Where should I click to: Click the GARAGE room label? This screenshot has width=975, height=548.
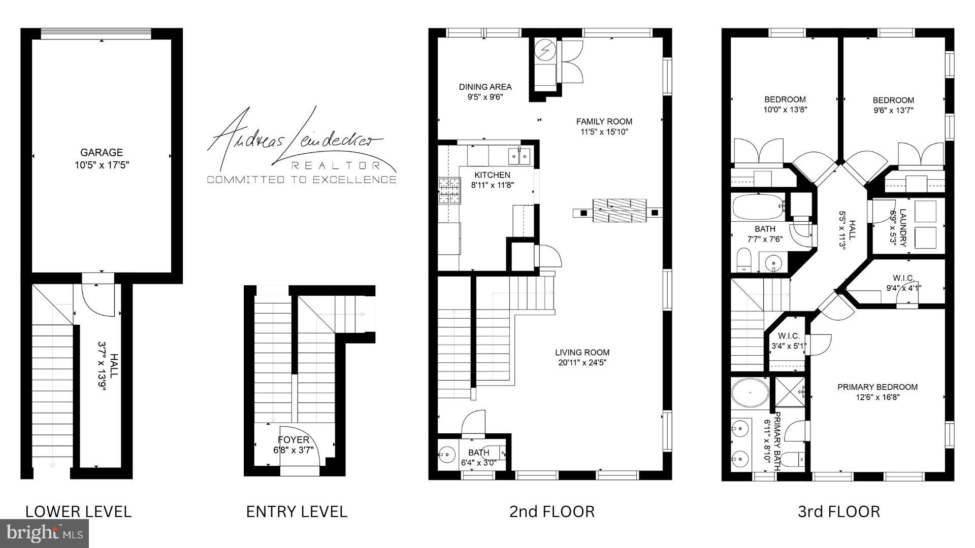[102, 152]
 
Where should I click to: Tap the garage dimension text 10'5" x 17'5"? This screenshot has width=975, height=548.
[102, 165]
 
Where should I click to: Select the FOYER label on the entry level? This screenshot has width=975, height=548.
[293, 440]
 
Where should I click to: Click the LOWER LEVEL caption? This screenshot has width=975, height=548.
[78, 511]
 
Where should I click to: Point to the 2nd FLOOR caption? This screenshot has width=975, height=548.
[552, 511]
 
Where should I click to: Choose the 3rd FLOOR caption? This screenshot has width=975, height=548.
[838, 511]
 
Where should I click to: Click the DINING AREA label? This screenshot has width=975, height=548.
[485, 87]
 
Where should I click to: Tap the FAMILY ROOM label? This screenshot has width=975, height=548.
[604, 121]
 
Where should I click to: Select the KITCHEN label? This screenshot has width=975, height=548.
[492, 175]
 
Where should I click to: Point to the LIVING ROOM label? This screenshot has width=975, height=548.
[582, 352]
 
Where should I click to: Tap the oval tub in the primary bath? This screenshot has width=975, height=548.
[751, 392]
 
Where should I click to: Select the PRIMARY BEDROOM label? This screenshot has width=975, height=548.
[877, 387]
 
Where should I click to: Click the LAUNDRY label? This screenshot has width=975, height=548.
[902, 227]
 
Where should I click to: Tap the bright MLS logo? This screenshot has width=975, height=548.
[45, 533]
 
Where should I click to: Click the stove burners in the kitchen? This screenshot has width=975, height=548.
[449, 190]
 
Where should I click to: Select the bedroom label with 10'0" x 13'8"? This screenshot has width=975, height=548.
[785, 99]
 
